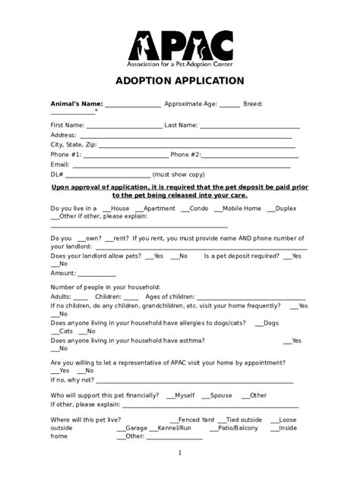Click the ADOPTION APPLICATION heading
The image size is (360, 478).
pos(179,80)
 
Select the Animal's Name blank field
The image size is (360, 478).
pos(132,105)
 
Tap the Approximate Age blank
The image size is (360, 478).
pos(229,105)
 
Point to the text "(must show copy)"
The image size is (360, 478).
pos(178,175)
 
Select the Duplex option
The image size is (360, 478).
pos(269,208)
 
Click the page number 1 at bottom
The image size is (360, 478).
pos(180,454)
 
